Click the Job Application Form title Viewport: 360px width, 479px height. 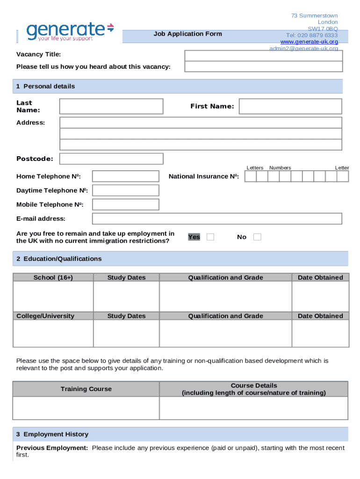click(x=187, y=34)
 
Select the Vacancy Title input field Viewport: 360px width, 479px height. click(x=264, y=56)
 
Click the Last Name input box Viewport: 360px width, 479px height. click(x=111, y=106)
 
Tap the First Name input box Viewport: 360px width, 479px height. click(x=290, y=106)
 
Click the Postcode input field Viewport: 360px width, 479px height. click(x=111, y=159)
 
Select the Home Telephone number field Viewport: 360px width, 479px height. click(x=125, y=176)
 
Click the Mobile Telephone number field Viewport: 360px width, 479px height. click(x=125, y=204)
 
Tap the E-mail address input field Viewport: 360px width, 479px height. click(x=217, y=218)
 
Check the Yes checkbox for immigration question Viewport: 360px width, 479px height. click(x=210, y=237)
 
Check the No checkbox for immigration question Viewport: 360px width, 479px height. click(x=257, y=237)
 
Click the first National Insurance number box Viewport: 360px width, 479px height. click(x=251, y=176)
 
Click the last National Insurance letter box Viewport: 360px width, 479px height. click(x=343, y=176)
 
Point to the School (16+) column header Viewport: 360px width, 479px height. click(x=53, y=277)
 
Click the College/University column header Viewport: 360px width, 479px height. click(x=45, y=316)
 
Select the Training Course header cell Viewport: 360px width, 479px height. click(x=86, y=389)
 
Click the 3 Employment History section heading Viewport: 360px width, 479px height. click(x=52, y=434)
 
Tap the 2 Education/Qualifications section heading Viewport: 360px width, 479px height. click(x=59, y=259)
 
